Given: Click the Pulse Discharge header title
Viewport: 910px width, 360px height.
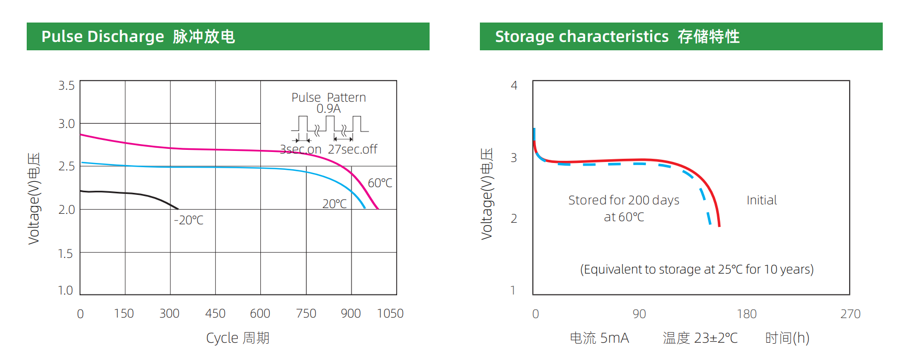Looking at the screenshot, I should tap(138, 37).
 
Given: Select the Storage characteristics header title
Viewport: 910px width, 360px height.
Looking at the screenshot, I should tap(617, 37).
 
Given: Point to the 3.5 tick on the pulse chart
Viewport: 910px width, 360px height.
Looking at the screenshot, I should tap(67, 85).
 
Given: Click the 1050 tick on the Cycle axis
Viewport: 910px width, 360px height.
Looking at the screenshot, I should tap(390, 313).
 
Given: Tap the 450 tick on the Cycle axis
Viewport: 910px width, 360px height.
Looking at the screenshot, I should tap(215, 313).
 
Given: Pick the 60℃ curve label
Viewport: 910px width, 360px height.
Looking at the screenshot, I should tap(380, 183).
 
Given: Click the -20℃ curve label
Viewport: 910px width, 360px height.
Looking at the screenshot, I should tap(189, 220).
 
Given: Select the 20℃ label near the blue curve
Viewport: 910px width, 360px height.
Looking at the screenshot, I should tap(334, 204).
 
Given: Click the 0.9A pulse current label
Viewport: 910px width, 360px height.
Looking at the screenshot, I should tap(328, 108).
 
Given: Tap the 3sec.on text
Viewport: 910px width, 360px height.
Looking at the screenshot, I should tap(301, 149).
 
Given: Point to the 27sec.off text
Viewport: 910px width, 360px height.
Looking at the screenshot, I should tap(353, 149).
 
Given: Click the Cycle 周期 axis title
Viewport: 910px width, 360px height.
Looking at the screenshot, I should tap(238, 338).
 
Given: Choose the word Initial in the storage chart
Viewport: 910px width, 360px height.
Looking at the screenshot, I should tap(761, 200).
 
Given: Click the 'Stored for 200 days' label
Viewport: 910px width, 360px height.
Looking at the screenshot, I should tap(623, 200).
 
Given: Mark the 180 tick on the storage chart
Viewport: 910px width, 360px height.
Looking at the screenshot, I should tap(747, 314).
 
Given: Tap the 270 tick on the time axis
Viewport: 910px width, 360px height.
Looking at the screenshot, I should tap(850, 314).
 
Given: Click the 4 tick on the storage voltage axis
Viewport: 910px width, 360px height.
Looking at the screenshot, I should tap(514, 85).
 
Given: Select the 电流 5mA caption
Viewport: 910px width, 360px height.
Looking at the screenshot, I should tap(599, 338).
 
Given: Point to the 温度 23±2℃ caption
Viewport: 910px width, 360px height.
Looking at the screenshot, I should tap(700, 338).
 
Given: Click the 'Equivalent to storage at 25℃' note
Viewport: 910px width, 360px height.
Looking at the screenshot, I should tap(697, 269).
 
